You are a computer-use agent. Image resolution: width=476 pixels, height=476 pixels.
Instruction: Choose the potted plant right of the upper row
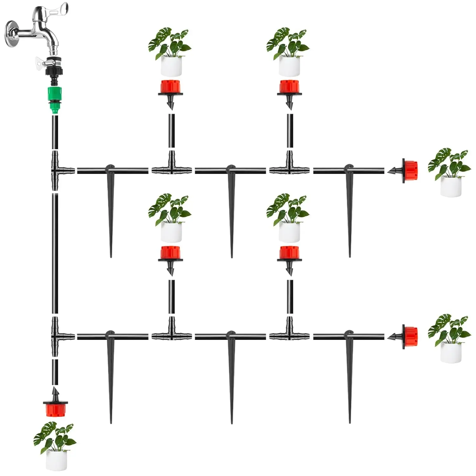(x=450, y=173)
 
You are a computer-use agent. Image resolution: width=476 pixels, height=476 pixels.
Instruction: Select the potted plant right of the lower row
(x=450, y=339)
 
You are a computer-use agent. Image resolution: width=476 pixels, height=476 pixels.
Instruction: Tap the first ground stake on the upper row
(x=110, y=209)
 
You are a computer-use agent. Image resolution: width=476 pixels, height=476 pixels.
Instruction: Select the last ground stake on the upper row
(x=349, y=209)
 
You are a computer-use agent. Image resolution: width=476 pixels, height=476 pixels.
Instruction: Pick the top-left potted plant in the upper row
(x=170, y=52)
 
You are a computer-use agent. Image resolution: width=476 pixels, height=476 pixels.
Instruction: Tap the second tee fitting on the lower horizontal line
(x=289, y=333)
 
